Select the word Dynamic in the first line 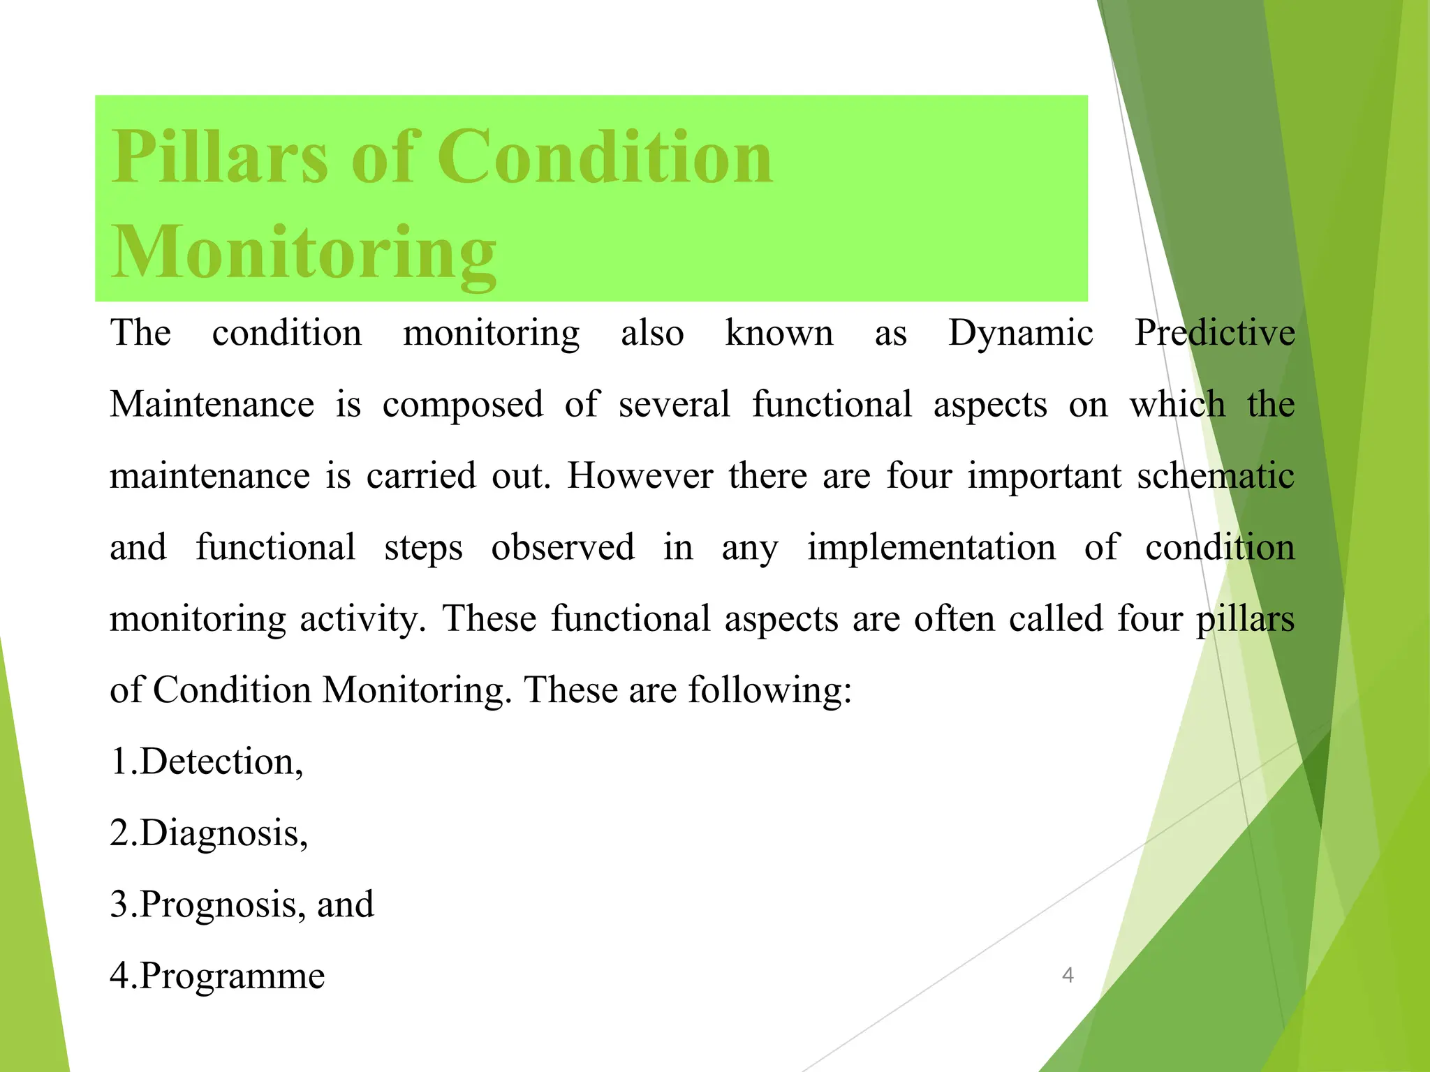coord(1020,333)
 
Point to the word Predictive coord(1214,333)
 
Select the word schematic coord(1216,476)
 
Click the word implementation coord(931,547)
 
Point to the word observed coord(563,547)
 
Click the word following coord(769,691)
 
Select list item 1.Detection coord(207,761)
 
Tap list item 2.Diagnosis coord(209,834)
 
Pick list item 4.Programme coord(217,976)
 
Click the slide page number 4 coord(1067,975)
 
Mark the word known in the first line coord(779,333)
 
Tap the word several coord(674,405)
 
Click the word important coord(1044,477)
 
